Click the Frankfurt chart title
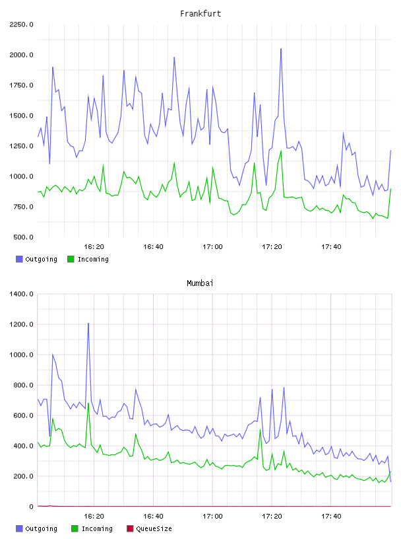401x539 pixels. (200, 14)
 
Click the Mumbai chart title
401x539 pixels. (200, 283)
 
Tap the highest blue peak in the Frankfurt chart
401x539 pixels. (281, 49)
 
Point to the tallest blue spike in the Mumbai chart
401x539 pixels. (88, 324)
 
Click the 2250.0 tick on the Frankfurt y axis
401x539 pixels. (21, 24)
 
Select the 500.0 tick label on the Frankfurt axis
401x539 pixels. (23, 237)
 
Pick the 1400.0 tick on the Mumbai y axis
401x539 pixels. (21, 294)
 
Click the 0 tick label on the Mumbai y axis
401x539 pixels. (32, 507)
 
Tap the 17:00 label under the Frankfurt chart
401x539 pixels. (212, 247)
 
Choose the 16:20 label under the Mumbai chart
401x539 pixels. (94, 517)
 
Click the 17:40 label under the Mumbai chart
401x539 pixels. (331, 517)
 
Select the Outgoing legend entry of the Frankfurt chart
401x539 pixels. (36, 259)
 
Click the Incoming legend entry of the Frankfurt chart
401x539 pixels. (88, 259)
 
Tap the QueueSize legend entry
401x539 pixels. (149, 528)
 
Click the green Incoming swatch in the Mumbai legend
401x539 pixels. (75, 528)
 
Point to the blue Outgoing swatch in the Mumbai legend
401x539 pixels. (19, 528)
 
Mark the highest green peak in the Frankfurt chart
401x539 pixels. (281, 151)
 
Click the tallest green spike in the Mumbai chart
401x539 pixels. (88, 404)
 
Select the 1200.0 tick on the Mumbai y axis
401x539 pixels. (21, 324)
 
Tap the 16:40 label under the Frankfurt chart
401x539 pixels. (153, 247)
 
